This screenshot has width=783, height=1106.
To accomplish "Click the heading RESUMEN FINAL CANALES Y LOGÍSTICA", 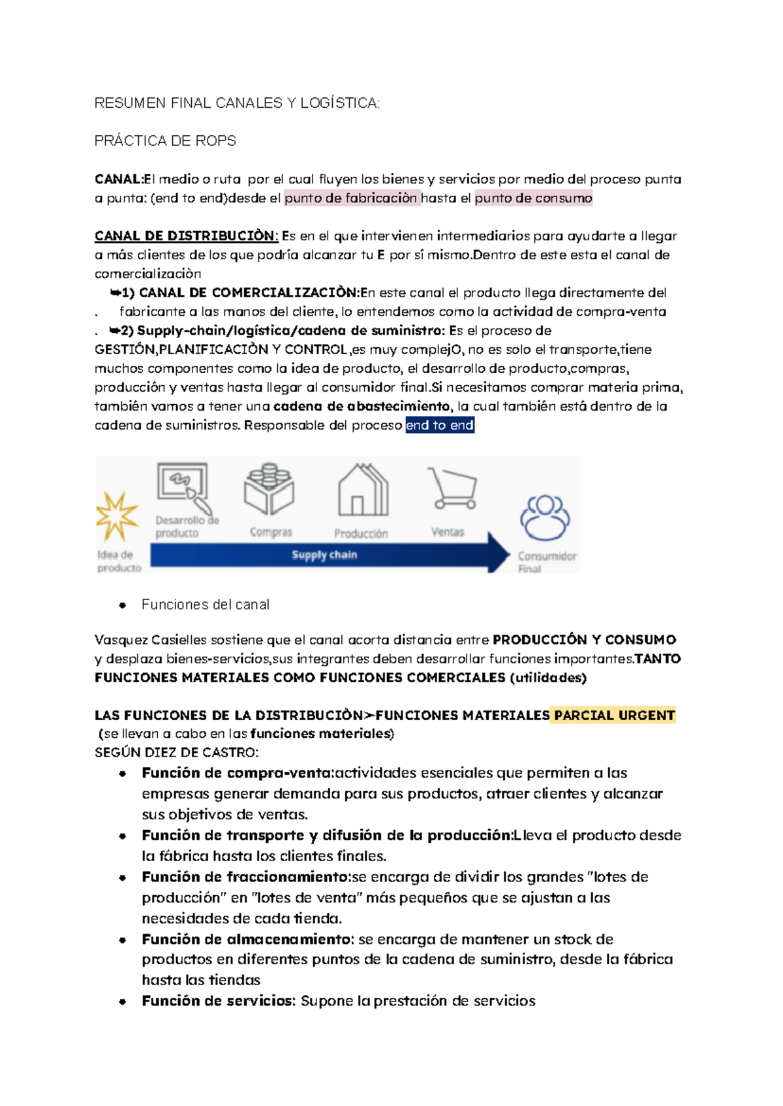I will pyautogui.click(x=236, y=103).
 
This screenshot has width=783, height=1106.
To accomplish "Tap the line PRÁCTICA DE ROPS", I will pyautogui.click(x=165, y=141).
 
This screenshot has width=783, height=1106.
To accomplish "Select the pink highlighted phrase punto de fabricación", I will pyautogui.click(x=351, y=198).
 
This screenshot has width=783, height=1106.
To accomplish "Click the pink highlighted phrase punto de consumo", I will pyautogui.click(x=533, y=198).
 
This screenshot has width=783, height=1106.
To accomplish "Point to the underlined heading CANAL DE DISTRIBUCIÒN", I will pyautogui.click(x=186, y=236).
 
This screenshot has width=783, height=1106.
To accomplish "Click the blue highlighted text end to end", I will pyautogui.click(x=439, y=426).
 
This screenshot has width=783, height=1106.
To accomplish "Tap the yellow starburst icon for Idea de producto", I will pyautogui.click(x=117, y=516).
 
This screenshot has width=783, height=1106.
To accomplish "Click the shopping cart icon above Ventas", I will pyautogui.click(x=452, y=488).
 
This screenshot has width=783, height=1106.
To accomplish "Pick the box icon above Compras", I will pyautogui.click(x=269, y=489).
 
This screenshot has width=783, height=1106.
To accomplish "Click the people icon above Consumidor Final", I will pyautogui.click(x=545, y=518).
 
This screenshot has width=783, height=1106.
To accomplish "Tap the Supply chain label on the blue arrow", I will pyautogui.click(x=324, y=555).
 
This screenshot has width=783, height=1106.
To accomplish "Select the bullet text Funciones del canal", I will pyautogui.click(x=205, y=605).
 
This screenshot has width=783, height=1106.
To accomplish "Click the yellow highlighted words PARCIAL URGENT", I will pyautogui.click(x=613, y=716).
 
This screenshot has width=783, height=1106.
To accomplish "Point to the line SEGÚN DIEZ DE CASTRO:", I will pyautogui.click(x=176, y=753).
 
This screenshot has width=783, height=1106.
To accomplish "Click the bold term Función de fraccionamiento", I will pyautogui.click(x=246, y=877).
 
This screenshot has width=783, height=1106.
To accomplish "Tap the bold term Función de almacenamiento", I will pyautogui.click(x=248, y=940).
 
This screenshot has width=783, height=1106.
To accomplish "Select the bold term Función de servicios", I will pyautogui.click(x=219, y=1002).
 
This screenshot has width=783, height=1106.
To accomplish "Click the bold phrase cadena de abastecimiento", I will pyautogui.click(x=361, y=407).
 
